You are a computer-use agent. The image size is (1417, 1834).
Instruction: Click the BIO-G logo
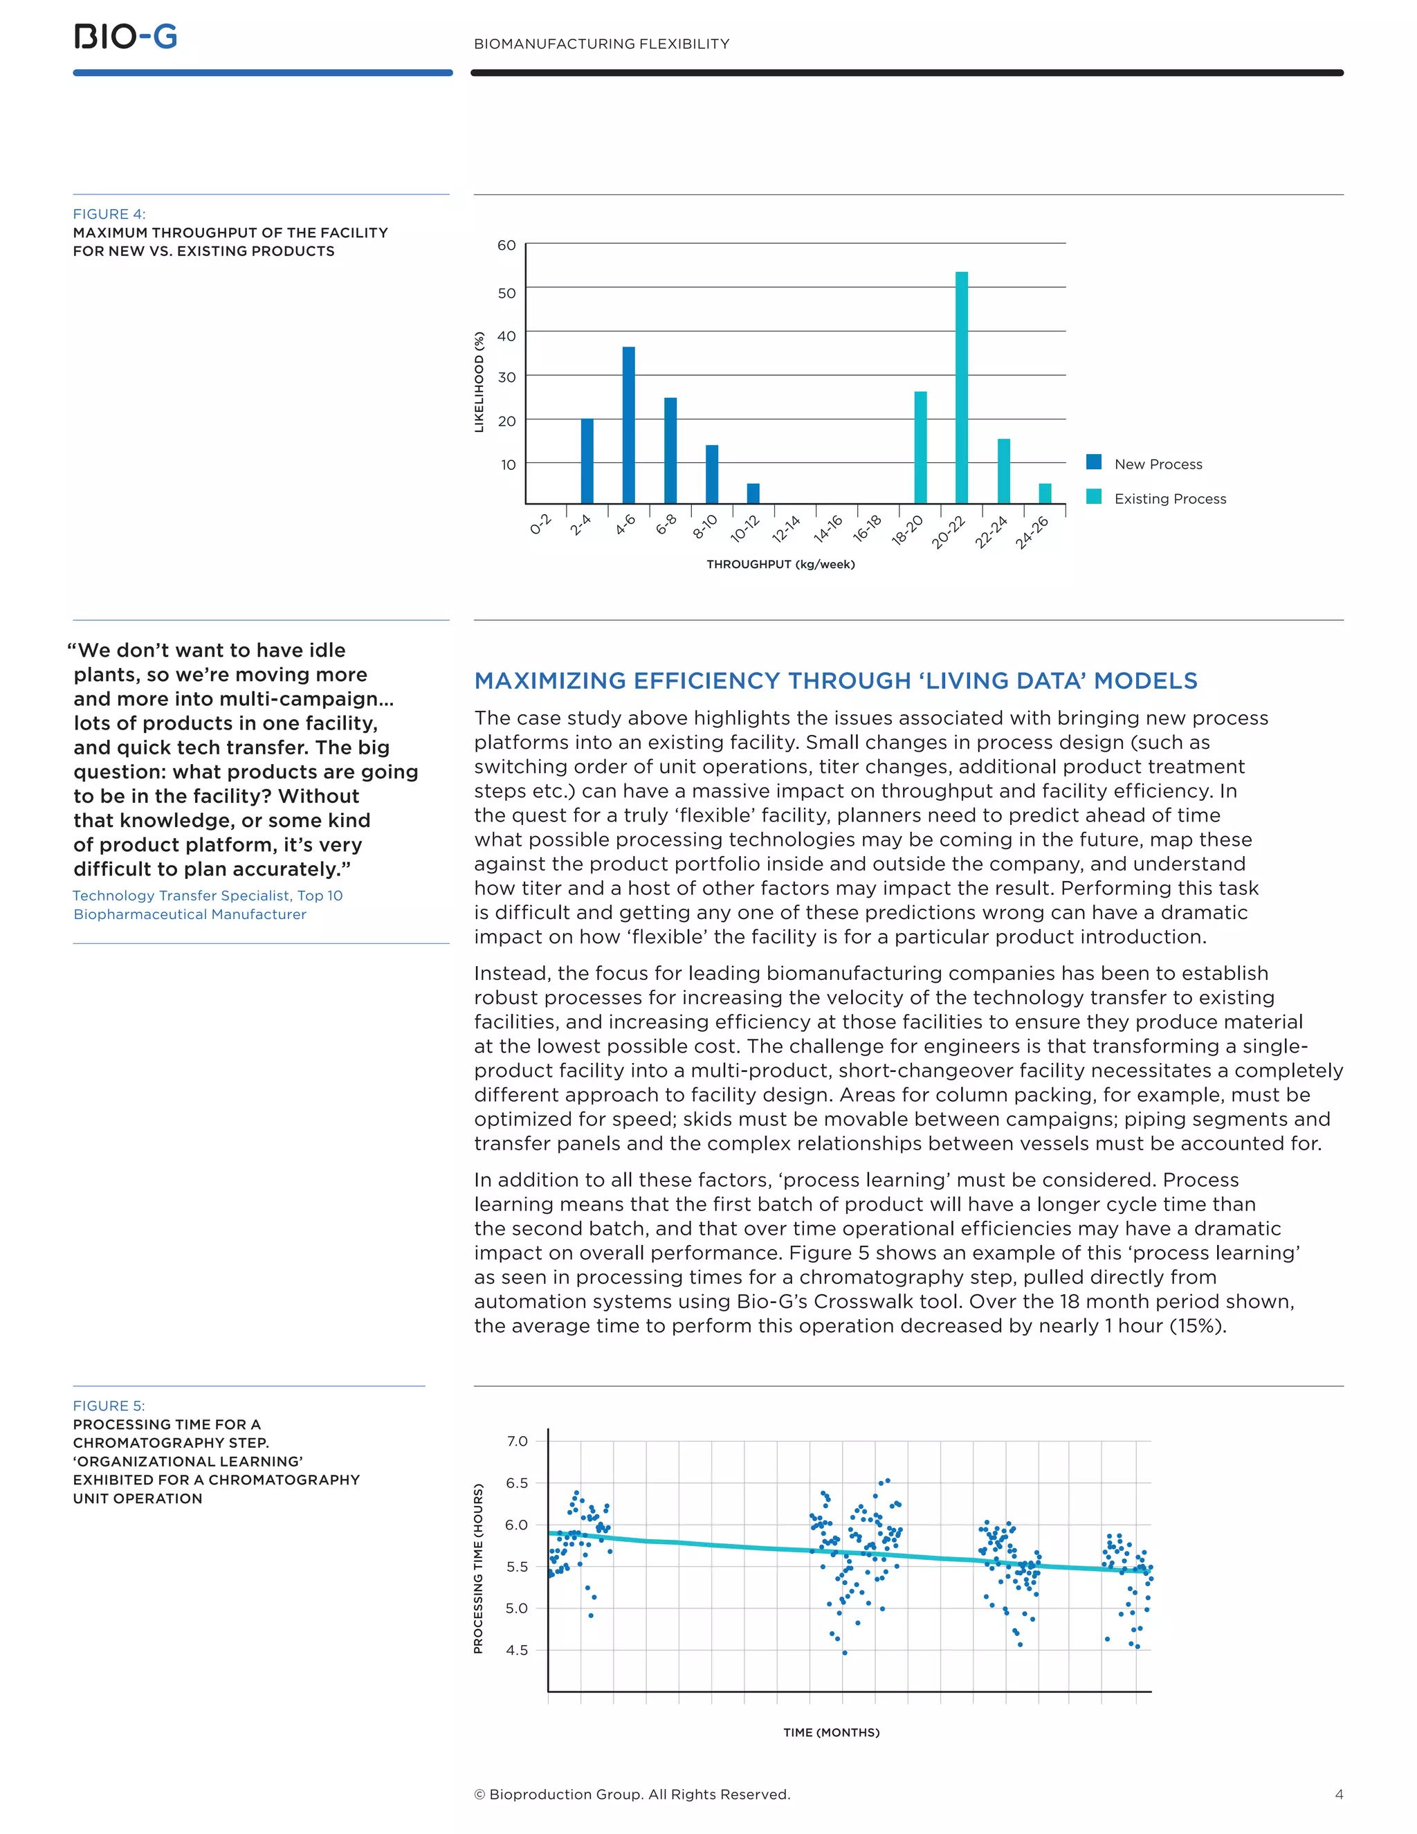point(126,37)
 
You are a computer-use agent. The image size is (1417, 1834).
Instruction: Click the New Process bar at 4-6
point(629,425)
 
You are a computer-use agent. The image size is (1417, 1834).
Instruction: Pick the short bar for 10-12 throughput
point(753,493)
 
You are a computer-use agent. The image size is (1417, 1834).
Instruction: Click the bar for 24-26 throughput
point(1044,493)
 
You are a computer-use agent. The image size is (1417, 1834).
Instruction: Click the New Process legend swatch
point(1093,462)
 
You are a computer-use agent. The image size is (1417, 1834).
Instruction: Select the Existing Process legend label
point(1169,499)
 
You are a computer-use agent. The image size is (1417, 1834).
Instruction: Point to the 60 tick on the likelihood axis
point(506,245)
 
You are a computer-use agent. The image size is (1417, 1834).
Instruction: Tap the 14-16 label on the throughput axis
point(828,529)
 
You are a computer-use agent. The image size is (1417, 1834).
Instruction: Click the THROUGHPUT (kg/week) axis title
point(780,564)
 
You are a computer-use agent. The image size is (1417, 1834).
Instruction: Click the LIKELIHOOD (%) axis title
point(479,382)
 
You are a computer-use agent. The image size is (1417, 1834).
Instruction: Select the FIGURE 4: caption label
point(109,214)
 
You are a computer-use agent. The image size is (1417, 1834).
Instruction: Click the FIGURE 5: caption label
point(109,1406)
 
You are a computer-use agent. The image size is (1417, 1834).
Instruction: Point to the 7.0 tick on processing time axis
point(517,1441)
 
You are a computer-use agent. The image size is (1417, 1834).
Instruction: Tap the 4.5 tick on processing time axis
point(517,1650)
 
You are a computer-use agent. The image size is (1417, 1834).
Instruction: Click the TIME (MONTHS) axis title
point(831,1732)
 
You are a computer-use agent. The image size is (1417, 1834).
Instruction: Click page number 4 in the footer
point(1339,1795)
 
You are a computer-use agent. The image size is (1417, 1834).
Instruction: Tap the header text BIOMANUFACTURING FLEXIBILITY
point(601,44)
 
